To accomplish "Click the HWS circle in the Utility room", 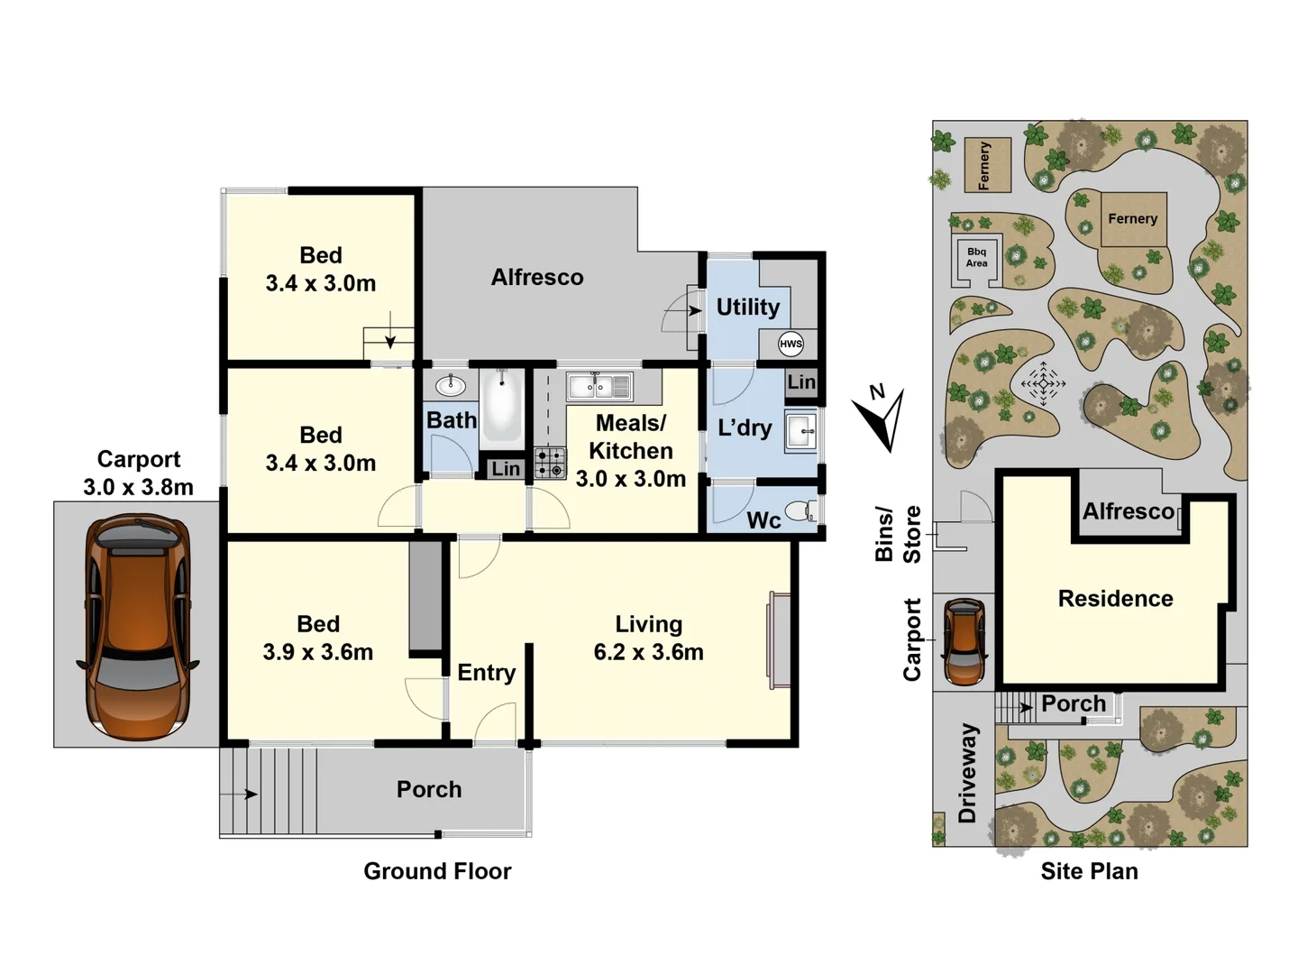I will pyautogui.click(x=791, y=344).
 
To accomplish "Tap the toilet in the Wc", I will pyautogui.click(x=800, y=511).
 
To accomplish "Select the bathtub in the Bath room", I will pyautogui.click(x=501, y=407).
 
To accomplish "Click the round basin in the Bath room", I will pyautogui.click(x=450, y=386).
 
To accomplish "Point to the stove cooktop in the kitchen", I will pyautogui.click(x=550, y=463).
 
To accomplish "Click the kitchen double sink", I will pyautogui.click(x=599, y=387).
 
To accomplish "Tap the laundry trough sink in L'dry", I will pyautogui.click(x=800, y=431).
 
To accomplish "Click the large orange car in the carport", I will pyautogui.click(x=137, y=626).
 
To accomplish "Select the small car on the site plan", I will pyautogui.click(x=964, y=641).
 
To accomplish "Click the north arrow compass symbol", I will pyautogui.click(x=881, y=417).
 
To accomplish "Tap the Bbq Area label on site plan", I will pyautogui.click(x=976, y=258).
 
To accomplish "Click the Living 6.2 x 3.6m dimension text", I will pyautogui.click(x=648, y=651).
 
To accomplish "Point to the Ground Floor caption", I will pyautogui.click(x=437, y=871).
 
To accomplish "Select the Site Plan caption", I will pyautogui.click(x=1089, y=871).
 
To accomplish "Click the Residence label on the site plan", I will pyautogui.click(x=1115, y=599).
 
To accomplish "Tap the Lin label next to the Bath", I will pyautogui.click(x=505, y=469).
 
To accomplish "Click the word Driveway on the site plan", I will pyautogui.click(x=967, y=773).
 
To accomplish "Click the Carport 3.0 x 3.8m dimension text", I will pyautogui.click(x=138, y=487).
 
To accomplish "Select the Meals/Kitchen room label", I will pyautogui.click(x=630, y=437).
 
